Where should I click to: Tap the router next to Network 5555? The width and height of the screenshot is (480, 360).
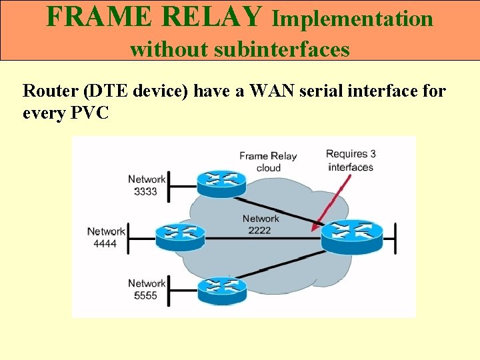(222, 288)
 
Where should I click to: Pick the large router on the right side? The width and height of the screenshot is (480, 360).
(352, 235)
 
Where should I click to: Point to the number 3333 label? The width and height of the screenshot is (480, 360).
(145, 191)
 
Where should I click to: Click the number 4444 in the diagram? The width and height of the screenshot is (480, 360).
(105, 243)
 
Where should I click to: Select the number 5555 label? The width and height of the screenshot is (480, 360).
(145, 295)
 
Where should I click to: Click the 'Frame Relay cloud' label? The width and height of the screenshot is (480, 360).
(268, 161)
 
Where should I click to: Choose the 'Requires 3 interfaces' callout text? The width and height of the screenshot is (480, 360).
(351, 160)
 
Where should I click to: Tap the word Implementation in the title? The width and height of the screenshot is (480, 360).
(353, 19)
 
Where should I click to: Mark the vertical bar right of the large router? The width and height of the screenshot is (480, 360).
(395, 238)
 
